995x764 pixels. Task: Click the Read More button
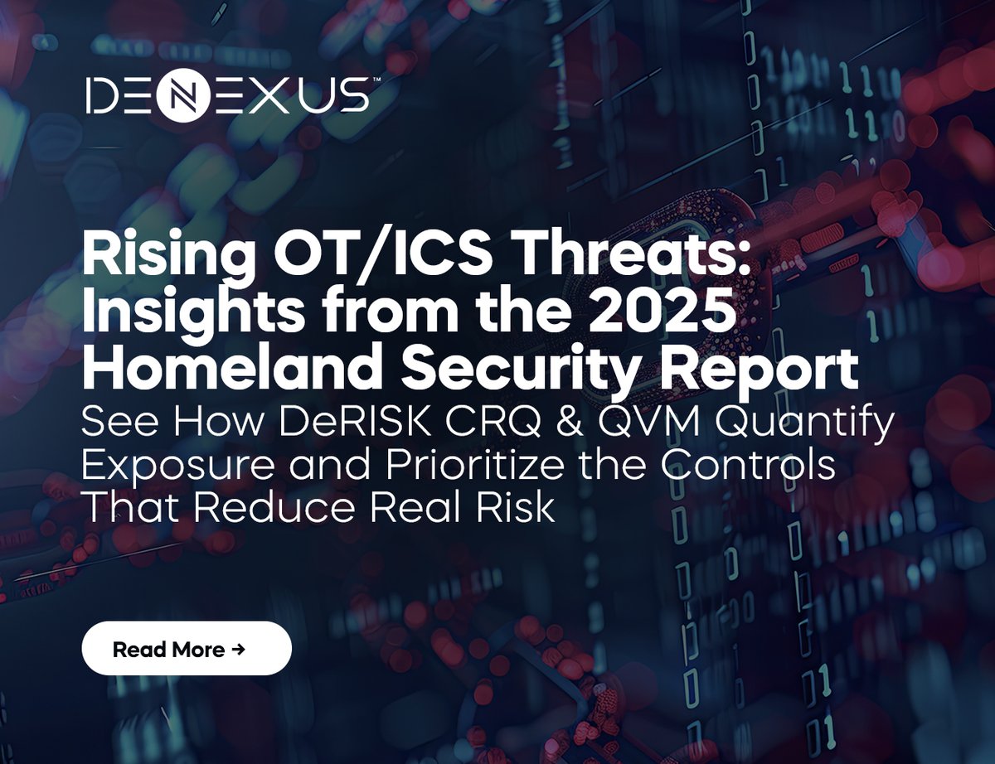pos(187,650)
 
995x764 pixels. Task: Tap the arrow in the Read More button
pos(239,650)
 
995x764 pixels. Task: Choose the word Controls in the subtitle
pos(745,466)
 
